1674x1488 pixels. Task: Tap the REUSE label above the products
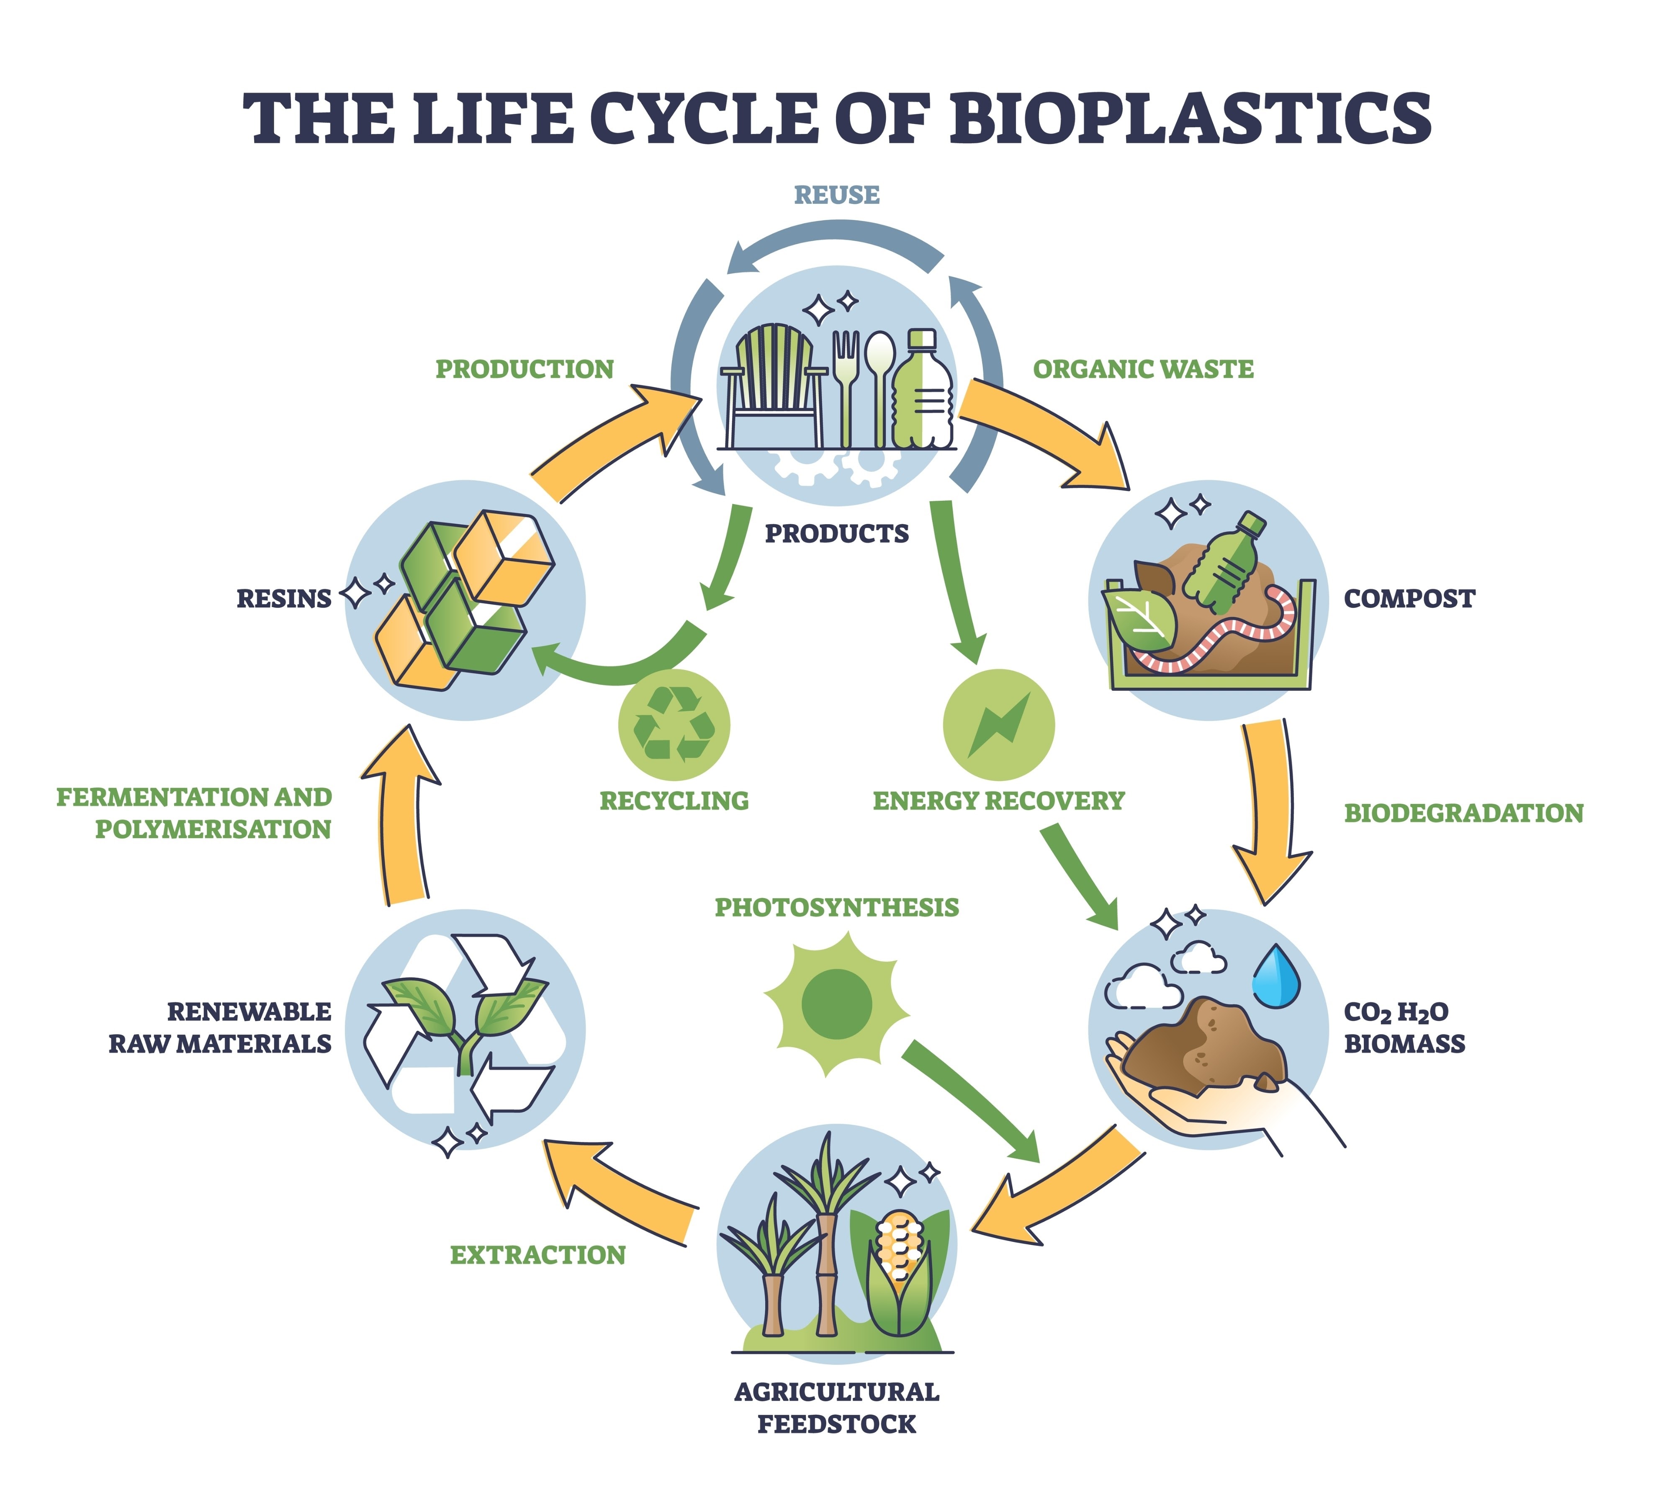point(836,195)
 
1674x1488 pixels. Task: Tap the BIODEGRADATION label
point(1463,813)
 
